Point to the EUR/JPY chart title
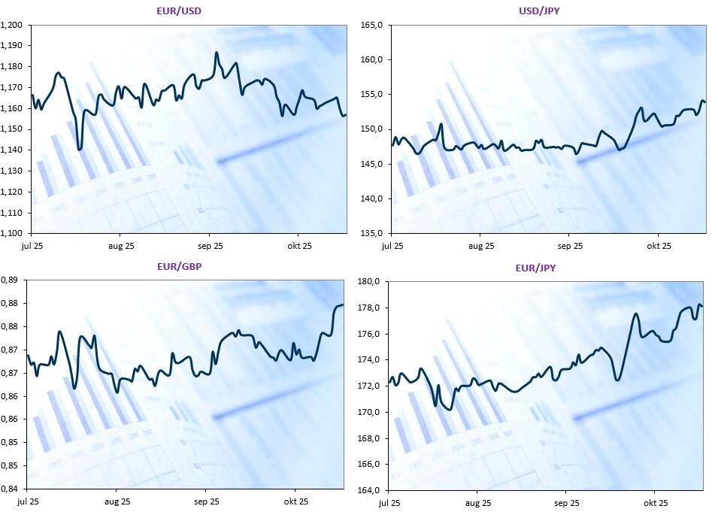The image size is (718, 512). click(x=536, y=268)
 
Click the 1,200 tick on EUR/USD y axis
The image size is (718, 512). click(x=13, y=25)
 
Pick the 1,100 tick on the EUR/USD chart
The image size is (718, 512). click(x=13, y=233)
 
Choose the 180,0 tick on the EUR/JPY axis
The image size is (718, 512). click(x=369, y=282)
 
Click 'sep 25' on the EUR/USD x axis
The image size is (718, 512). click(x=210, y=245)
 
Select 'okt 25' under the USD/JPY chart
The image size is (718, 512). click(x=659, y=245)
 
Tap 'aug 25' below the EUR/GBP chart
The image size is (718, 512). click(x=117, y=501)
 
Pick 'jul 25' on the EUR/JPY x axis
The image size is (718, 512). click(x=389, y=502)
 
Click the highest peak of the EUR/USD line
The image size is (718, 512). click(x=217, y=53)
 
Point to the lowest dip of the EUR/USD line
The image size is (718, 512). click(x=80, y=149)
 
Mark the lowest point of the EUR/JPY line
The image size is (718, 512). click(x=450, y=410)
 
